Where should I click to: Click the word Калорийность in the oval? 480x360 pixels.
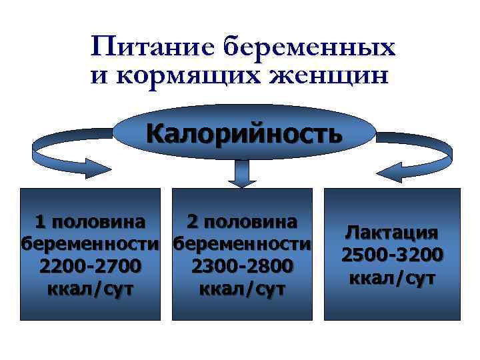[244, 132]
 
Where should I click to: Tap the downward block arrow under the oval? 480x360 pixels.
[241, 175]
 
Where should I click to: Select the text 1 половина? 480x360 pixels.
[91, 221]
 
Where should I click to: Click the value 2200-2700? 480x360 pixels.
[91, 266]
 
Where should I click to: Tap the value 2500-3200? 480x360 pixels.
[391, 255]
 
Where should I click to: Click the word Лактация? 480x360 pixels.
[391, 233]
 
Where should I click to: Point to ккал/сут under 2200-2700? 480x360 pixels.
[91, 289]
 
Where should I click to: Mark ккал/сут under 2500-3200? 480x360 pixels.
[391, 277]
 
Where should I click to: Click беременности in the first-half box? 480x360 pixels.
[91, 243]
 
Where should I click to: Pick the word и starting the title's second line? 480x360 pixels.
[97, 76]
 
